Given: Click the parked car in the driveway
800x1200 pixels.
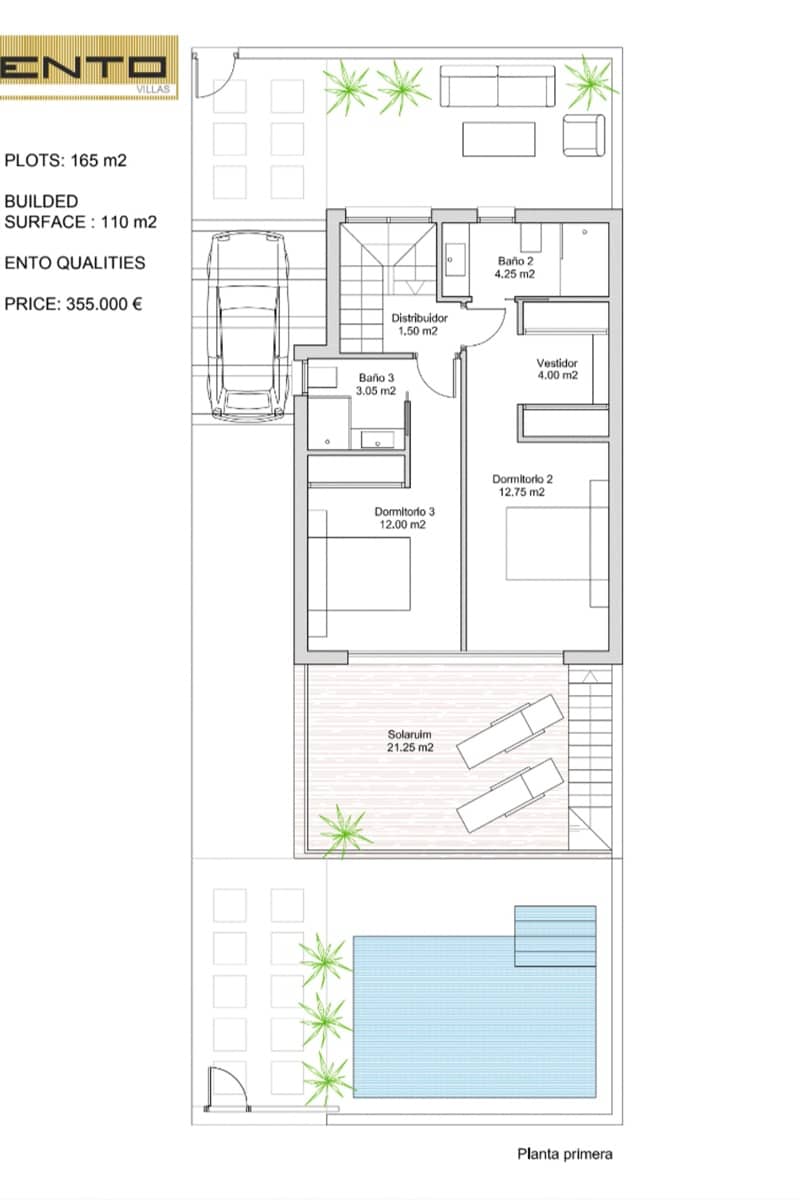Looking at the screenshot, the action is coord(249,326).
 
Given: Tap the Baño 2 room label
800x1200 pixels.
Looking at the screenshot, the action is coord(514,267).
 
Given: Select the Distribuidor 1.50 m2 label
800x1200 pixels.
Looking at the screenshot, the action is coord(419,324).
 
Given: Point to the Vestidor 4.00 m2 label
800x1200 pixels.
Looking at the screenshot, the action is coord(557,369).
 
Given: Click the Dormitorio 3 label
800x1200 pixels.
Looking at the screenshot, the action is coord(404,518).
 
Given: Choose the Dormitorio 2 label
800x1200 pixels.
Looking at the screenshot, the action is coord(522,485).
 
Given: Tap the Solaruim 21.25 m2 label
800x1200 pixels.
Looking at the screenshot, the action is coord(410,741).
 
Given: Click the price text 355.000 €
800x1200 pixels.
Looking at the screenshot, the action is coord(73,304).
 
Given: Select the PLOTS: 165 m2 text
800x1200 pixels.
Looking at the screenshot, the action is coord(65,160).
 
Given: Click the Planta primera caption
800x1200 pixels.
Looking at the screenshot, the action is coord(565,1154).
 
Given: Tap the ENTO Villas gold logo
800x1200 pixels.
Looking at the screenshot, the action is coord(89,68).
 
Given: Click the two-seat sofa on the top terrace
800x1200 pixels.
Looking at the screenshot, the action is coord(497,86).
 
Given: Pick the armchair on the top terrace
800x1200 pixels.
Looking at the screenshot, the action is coord(584,135).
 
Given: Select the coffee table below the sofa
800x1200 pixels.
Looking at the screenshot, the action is coord(499,139).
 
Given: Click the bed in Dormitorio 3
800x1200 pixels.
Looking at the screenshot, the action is coord(359,574).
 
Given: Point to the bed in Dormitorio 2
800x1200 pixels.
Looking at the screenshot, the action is coord(557,543).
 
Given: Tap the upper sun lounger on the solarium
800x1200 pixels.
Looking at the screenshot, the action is coord(510,732).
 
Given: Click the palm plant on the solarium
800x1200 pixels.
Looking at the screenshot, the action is coord(344,831).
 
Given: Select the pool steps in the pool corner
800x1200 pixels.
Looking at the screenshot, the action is coord(555,936).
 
